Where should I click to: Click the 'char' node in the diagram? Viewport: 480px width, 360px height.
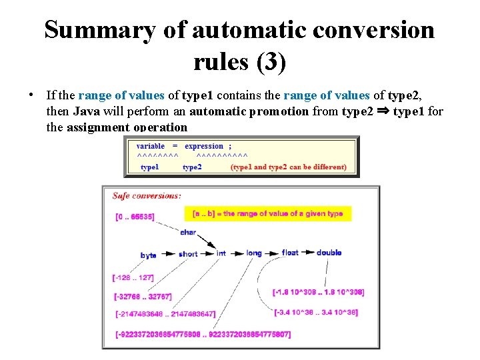pyautogui.click(x=188, y=233)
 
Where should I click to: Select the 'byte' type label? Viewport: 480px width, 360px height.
pyautogui.click(x=149, y=255)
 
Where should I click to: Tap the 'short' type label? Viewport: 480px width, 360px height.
pyautogui.click(x=187, y=254)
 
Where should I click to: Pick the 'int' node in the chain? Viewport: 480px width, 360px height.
pyautogui.click(x=221, y=253)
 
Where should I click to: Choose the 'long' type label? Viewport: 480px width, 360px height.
pyautogui.click(x=253, y=253)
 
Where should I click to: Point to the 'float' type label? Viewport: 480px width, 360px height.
pyautogui.click(x=290, y=253)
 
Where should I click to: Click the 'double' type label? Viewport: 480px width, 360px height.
pyautogui.click(x=329, y=253)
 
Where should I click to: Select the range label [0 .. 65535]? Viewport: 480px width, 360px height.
pyautogui.click(x=135, y=217)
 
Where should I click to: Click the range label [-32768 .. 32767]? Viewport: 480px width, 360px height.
pyautogui.click(x=143, y=296)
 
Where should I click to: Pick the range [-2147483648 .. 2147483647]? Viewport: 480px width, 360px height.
pyautogui.click(x=166, y=314)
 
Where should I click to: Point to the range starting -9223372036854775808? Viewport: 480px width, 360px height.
pyautogui.click(x=203, y=334)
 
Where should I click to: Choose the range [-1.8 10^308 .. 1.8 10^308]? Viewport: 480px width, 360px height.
pyautogui.click(x=319, y=292)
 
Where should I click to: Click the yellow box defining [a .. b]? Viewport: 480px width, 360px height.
pyautogui.click(x=267, y=213)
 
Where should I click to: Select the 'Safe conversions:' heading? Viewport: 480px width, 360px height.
pyautogui.click(x=146, y=196)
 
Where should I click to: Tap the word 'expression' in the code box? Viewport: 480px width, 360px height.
pyautogui.click(x=204, y=146)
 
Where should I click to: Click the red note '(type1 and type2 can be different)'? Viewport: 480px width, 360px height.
pyautogui.click(x=289, y=167)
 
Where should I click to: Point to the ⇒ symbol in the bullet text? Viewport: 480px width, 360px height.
pyautogui.click(x=383, y=111)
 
